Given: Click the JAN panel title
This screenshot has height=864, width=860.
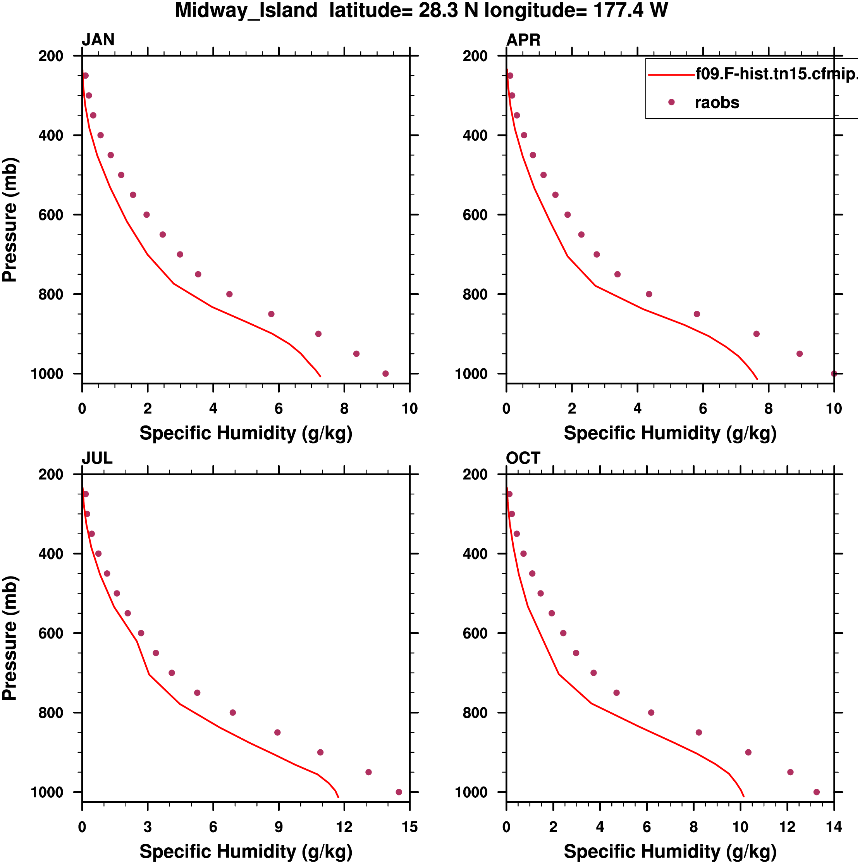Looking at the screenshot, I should coord(98,40).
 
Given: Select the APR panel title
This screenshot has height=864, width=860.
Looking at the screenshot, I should coord(523,40).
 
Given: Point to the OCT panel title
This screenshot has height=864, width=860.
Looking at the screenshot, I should coord(523,458).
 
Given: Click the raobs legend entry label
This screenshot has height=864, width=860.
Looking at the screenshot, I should coord(717,102).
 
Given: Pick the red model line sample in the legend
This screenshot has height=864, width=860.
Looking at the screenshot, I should coord(671,75).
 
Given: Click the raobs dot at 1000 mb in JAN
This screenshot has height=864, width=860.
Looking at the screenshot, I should coord(385,373).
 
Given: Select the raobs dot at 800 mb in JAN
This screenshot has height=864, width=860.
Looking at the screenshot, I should coord(229,294).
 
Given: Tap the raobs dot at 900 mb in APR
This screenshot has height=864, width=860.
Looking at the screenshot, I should coord(756,334).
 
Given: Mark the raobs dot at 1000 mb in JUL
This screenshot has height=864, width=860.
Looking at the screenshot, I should coord(399,792).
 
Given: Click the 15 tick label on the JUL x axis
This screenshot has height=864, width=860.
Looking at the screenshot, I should coord(409,827).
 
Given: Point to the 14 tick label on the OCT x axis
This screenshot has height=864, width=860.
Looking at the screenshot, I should coord(834,827).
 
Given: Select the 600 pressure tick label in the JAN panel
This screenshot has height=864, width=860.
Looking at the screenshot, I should coord(50,215).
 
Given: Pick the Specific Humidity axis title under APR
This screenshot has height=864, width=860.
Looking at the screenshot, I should coord(670,433).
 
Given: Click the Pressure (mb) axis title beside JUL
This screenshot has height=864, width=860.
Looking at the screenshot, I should coord(10,638).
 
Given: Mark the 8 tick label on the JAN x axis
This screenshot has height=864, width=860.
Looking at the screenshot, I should coord(344,408).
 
